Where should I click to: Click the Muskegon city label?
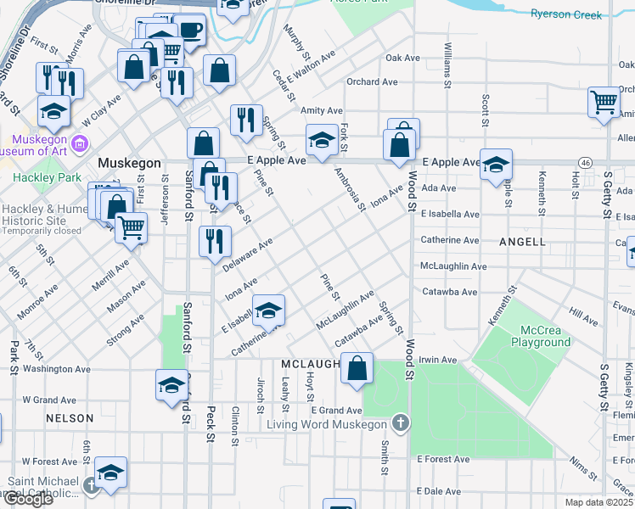tap(129, 162)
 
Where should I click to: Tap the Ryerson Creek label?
tap(565, 14)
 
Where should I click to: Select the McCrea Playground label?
tap(541, 336)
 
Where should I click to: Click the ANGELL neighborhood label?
tap(522, 242)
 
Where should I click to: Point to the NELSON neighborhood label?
tap(70, 418)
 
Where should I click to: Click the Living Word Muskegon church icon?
tap(401, 423)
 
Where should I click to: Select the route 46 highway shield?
tap(585, 161)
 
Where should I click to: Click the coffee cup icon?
tap(189, 31)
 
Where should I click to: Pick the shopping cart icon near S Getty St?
tap(604, 102)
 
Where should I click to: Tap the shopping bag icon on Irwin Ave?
tap(358, 367)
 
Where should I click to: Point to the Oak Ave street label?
tap(402, 59)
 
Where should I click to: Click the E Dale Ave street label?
tap(438, 491)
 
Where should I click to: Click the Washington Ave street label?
tap(56, 369)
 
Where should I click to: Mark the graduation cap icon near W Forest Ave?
tap(110, 472)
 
